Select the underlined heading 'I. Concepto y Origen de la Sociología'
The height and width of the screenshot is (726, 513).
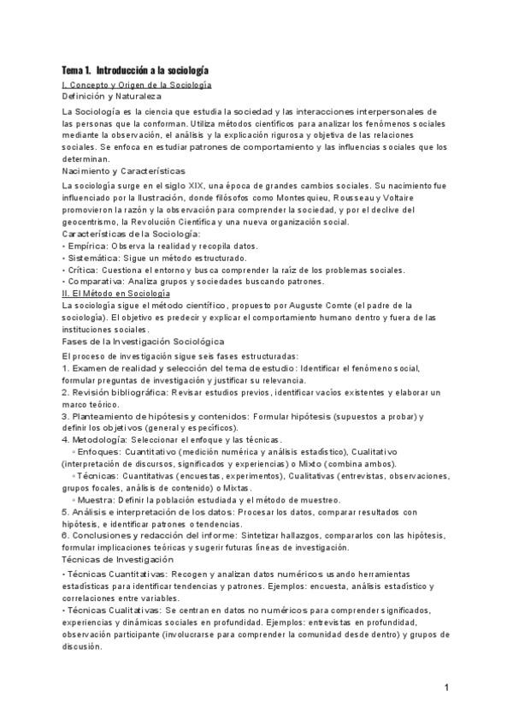point(137,85)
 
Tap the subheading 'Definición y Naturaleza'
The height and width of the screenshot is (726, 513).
point(112,97)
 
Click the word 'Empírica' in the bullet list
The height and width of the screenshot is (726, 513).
point(85,246)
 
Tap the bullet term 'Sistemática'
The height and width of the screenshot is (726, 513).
point(90,258)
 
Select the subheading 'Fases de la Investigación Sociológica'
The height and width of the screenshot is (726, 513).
point(143,342)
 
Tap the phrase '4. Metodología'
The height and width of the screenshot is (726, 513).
point(95,440)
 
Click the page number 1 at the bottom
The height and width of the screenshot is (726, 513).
point(447,687)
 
